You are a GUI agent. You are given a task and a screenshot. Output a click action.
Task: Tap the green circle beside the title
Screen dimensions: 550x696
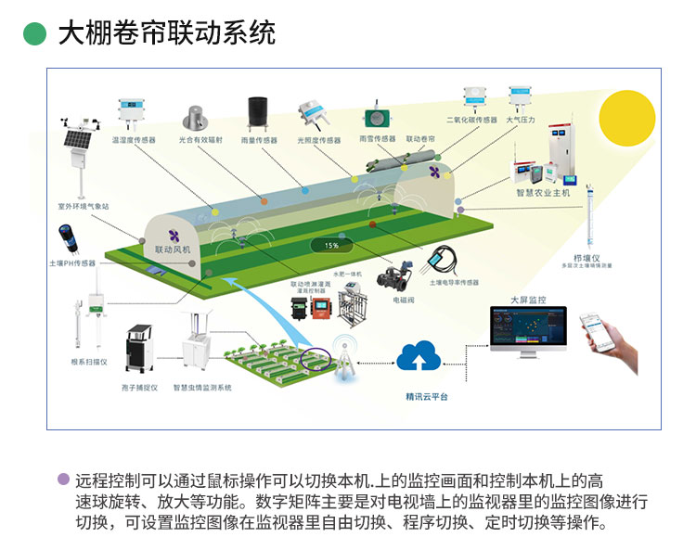[x=34, y=33]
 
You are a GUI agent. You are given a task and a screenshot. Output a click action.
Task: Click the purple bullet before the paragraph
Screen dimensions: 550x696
[x=63, y=480]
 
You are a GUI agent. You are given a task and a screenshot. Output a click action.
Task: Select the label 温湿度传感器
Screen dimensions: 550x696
[x=133, y=140]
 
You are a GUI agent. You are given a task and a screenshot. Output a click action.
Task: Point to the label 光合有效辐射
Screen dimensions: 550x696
[x=200, y=140]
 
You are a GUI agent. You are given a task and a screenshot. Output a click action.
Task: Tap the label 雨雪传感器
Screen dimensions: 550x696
[x=377, y=139]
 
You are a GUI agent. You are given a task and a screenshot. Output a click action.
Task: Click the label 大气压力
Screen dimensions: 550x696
[x=521, y=120]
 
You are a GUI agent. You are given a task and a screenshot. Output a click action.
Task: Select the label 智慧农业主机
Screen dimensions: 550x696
[x=543, y=193]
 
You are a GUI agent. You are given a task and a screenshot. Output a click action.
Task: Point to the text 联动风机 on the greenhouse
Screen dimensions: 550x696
[x=173, y=249]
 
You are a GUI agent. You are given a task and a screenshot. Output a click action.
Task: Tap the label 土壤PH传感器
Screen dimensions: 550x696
[x=72, y=263]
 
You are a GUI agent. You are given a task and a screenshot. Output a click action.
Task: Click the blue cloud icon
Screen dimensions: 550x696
[x=423, y=357]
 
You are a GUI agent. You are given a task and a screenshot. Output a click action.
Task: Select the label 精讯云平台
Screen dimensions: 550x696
[x=426, y=396]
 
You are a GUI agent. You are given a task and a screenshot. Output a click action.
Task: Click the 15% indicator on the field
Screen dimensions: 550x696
[x=331, y=245]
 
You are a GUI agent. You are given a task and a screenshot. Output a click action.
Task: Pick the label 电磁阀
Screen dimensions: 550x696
[x=402, y=300]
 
